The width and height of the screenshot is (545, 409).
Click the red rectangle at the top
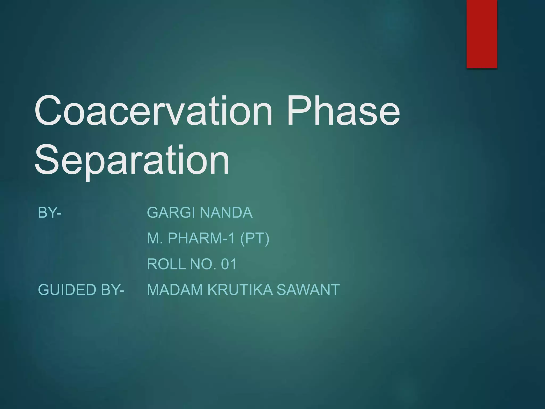(482, 34)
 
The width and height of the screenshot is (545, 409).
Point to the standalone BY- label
(49, 212)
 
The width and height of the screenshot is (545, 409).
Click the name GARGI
(171, 212)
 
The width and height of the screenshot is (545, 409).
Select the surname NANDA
(226, 212)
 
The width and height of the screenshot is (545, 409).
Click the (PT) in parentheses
(255, 238)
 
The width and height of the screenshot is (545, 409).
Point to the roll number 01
(229, 264)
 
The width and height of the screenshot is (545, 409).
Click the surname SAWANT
(308, 289)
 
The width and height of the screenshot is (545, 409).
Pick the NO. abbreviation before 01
(203, 264)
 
